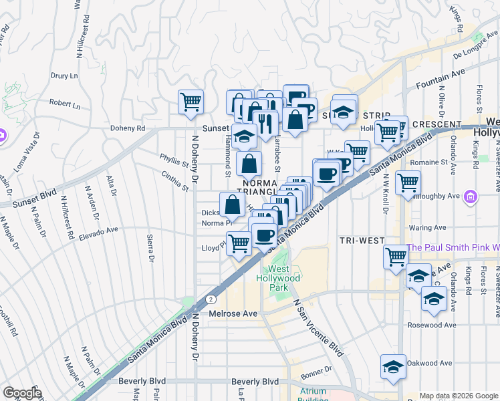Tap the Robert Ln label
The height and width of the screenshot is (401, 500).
pyautogui.click(x=65, y=105)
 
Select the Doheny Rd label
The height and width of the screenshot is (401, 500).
pyautogui.click(x=128, y=128)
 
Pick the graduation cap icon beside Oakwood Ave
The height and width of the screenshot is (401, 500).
pyautogui.click(x=393, y=367)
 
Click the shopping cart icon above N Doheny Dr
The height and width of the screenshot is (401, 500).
pyautogui.click(x=191, y=102)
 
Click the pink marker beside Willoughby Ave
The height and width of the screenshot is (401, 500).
pyautogui.click(x=471, y=196)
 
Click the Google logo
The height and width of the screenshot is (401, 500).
pyautogui.click(x=22, y=393)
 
